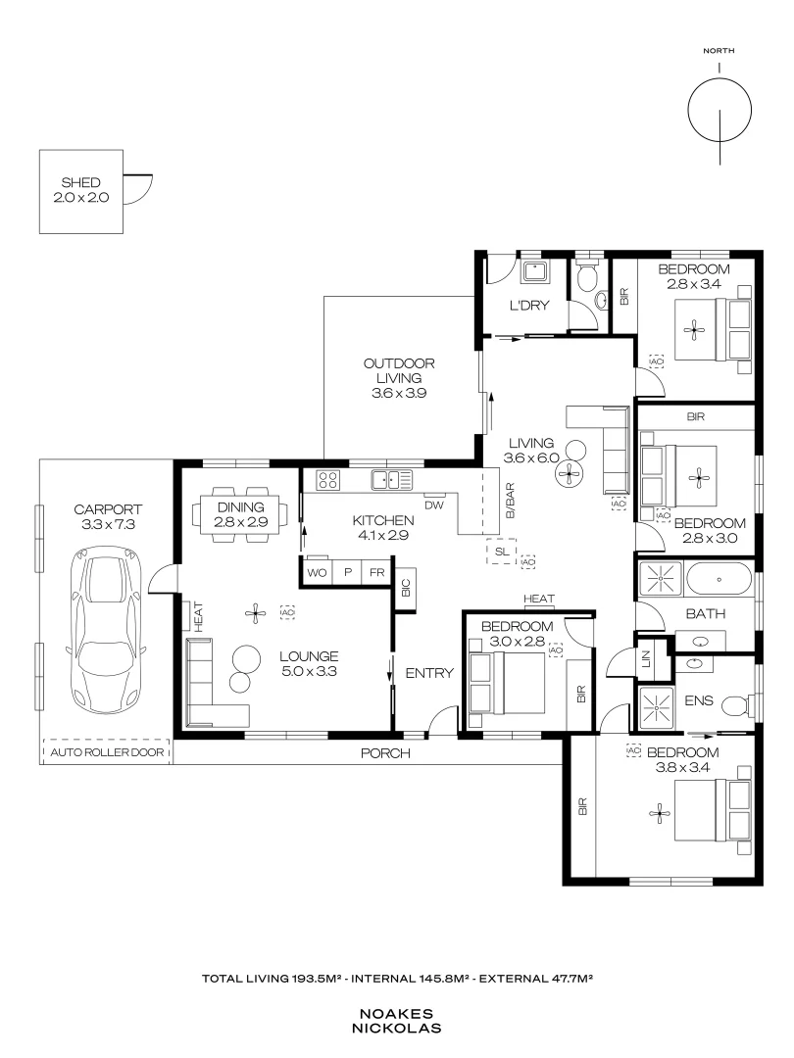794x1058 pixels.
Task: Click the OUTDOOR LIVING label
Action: tap(399, 378)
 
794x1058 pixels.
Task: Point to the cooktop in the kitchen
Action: tap(327, 480)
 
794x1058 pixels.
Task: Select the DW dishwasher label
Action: tap(435, 505)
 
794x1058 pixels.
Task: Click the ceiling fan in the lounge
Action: tap(255, 613)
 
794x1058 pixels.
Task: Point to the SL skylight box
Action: tap(501, 552)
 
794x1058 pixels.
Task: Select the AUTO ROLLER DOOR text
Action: tap(107, 753)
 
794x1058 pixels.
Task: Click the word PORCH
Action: tap(384, 753)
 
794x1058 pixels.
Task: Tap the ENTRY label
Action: tap(429, 673)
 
